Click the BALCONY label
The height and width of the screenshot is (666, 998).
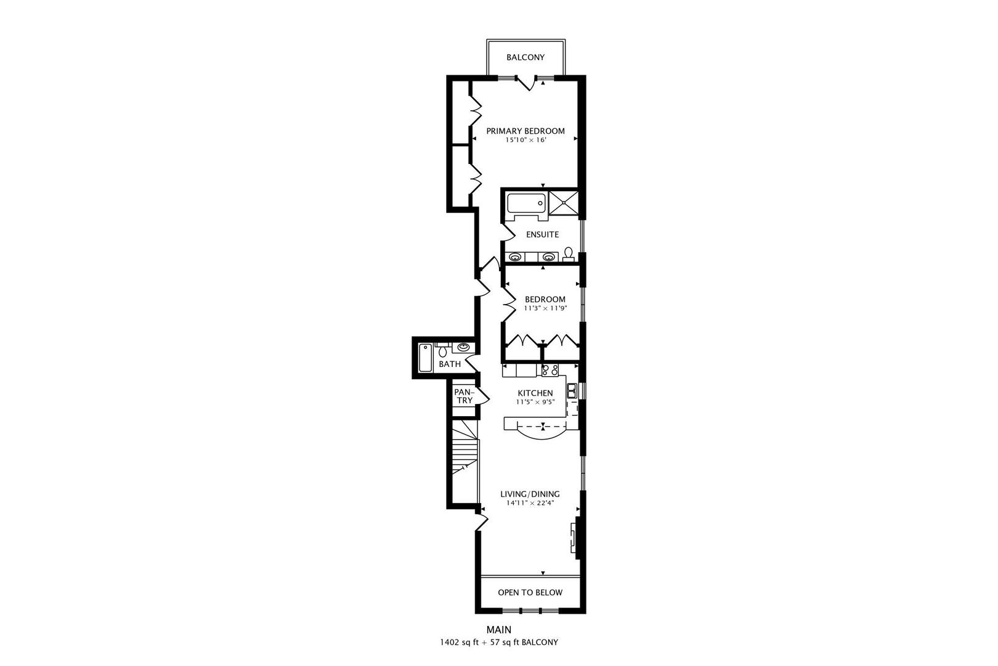tap(525, 57)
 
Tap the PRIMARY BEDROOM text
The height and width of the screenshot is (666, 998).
tap(525, 131)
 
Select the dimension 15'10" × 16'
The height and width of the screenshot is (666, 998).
tap(525, 141)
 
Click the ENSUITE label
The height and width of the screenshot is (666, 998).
tap(542, 234)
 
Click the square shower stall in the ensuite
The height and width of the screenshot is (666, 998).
tap(564, 202)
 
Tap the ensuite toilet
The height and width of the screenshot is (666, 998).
tap(568, 254)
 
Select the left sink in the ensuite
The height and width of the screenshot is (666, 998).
tap(514, 257)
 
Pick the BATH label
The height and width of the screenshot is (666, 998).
tap(450, 364)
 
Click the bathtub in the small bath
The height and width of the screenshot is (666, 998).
tap(426, 358)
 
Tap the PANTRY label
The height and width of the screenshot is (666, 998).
tap(463, 396)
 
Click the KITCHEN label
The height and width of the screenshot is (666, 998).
tap(535, 393)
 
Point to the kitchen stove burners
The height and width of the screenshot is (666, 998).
tap(550, 370)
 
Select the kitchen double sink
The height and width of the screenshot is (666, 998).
tap(572, 390)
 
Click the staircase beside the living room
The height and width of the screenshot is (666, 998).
tap(466, 453)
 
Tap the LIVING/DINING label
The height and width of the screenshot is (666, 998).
tap(530, 494)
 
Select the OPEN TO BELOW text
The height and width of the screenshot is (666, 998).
tap(530, 593)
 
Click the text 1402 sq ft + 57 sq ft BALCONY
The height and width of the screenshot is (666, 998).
tap(499, 642)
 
